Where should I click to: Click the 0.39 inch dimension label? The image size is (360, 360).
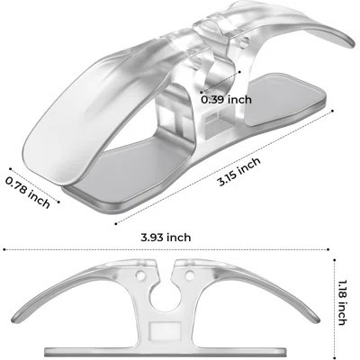[x=226, y=99]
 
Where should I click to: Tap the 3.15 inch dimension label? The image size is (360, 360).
[x=239, y=172]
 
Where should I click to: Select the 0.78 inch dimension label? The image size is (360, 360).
[x=28, y=193]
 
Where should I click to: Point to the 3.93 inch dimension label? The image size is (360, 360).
[x=166, y=238]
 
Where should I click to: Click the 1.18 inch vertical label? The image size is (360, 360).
[x=342, y=302]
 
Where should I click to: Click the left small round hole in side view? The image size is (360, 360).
[x=140, y=274]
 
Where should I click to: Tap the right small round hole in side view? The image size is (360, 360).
[x=189, y=274]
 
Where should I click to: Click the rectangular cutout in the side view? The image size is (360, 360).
[x=165, y=329]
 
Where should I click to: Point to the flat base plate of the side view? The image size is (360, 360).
[x=165, y=351]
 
